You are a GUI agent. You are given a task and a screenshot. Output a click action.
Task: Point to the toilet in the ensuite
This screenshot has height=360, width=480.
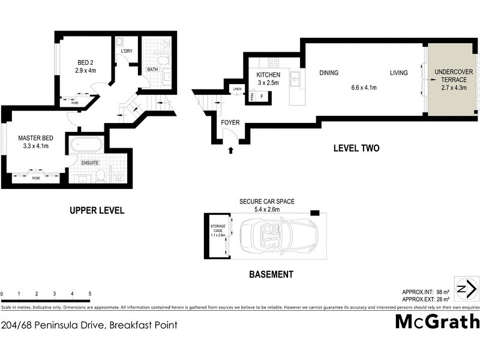pos(101,175)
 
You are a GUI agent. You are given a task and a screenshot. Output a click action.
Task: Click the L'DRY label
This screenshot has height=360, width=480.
pos(126,51)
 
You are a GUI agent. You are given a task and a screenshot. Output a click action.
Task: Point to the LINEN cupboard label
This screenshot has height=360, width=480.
pos(238,90)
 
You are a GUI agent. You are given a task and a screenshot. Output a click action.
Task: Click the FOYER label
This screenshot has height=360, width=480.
pos(230,122)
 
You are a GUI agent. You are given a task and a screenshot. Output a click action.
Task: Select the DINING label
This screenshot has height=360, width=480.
pos(328,73)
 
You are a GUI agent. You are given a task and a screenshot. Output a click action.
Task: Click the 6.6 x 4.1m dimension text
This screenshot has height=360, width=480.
pos(364,88)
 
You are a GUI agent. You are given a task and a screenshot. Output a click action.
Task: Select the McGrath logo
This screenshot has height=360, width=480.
pos(437,321)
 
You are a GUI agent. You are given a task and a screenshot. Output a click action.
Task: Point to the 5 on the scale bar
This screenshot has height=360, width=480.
pos(90,294)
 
